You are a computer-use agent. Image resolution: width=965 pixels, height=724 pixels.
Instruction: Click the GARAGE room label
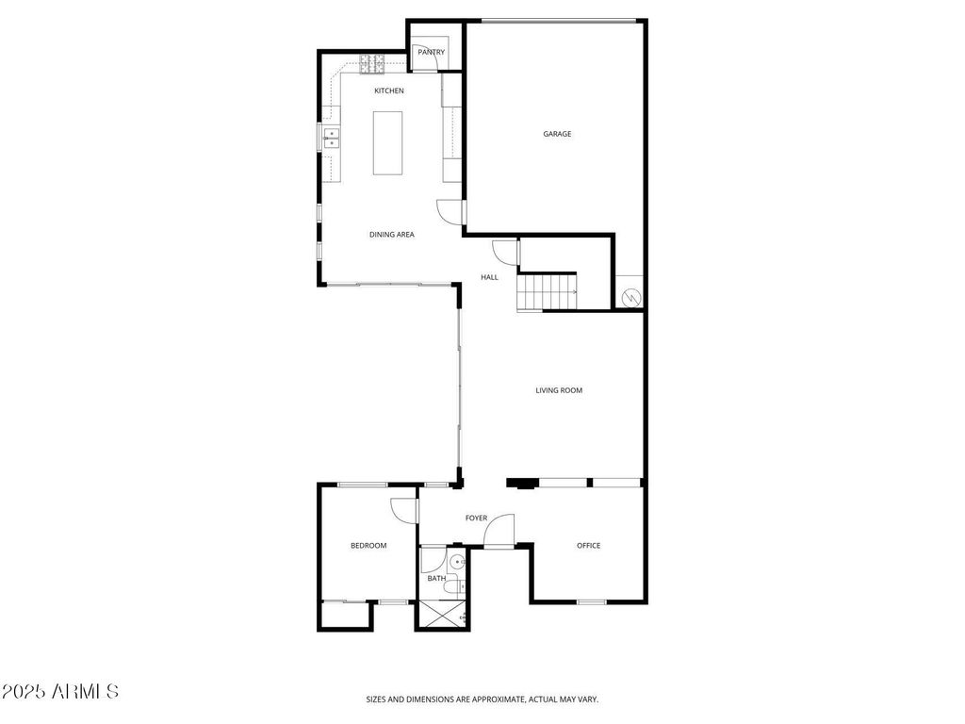(557, 134)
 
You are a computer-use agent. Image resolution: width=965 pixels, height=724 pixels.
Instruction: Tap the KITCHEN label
(389, 90)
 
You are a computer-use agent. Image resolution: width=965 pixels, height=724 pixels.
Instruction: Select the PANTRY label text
(431, 53)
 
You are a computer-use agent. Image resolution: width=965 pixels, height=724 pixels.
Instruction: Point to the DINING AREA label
(391, 235)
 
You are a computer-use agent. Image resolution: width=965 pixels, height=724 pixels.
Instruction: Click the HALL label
(489, 277)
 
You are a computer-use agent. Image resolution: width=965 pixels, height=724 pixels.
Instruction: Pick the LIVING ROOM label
(559, 390)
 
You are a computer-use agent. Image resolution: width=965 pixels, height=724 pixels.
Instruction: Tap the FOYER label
(476, 518)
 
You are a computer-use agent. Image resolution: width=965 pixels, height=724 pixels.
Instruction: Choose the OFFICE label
(588, 546)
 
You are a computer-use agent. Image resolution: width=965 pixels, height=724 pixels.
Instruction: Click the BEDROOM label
(368, 546)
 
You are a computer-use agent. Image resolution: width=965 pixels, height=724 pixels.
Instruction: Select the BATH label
(436, 579)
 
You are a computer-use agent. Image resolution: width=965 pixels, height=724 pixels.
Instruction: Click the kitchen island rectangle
(387, 143)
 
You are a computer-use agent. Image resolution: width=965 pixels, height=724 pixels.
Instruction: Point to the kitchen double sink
(331, 139)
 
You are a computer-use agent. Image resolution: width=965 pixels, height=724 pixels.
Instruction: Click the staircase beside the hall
(547, 292)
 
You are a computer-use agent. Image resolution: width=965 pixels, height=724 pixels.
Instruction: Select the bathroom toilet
(456, 587)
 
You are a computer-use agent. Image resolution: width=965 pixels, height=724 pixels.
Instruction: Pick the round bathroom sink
(457, 562)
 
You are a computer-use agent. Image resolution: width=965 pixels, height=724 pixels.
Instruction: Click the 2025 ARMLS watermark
(59, 691)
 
